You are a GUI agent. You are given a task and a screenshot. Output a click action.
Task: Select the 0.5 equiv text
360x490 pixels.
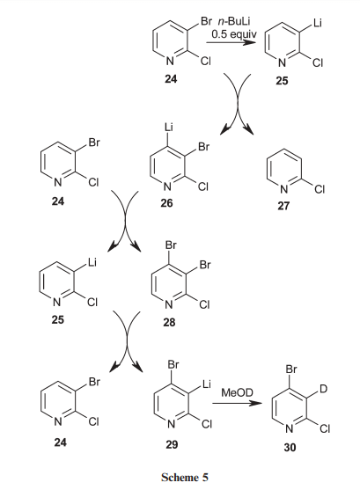tap(234, 33)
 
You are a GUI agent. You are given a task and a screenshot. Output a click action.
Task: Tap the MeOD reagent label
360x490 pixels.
tap(237, 392)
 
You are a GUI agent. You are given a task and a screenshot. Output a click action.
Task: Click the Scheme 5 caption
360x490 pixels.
tap(185, 477)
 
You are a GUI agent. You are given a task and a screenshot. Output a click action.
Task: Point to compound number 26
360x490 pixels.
tap(166, 203)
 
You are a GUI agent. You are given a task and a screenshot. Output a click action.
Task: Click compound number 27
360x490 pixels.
tap(283, 206)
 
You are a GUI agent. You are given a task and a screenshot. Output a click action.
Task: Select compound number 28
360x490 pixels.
tap(169, 322)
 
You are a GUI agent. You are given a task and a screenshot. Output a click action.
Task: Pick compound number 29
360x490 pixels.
tap(172, 444)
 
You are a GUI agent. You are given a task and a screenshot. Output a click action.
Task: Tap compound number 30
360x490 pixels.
tap(290, 448)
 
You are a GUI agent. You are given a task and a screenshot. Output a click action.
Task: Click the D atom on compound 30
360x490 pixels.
tap(323, 389)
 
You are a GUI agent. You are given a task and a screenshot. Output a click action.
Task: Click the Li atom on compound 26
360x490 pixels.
tap(169, 128)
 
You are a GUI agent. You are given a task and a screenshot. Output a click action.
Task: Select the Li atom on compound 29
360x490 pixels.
tap(207, 384)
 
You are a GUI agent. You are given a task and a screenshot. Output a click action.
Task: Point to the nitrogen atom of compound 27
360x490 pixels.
tap(283, 189)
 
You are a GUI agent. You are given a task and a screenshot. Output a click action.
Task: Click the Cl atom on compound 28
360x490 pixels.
tap(204, 304)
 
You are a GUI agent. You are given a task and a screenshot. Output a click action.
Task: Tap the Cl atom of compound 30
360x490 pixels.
tap(325, 429)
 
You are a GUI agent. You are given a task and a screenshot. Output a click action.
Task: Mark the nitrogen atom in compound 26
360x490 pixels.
tap(167, 186)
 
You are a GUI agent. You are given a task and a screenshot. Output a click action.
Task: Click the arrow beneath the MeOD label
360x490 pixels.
tap(237, 403)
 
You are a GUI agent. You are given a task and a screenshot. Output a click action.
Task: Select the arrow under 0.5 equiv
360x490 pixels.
tap(231, 42)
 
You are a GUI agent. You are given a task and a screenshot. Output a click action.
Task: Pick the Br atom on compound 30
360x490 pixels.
tap(291, 369)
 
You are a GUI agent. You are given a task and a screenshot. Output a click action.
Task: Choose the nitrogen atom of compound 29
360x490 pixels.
tap(171, 424)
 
